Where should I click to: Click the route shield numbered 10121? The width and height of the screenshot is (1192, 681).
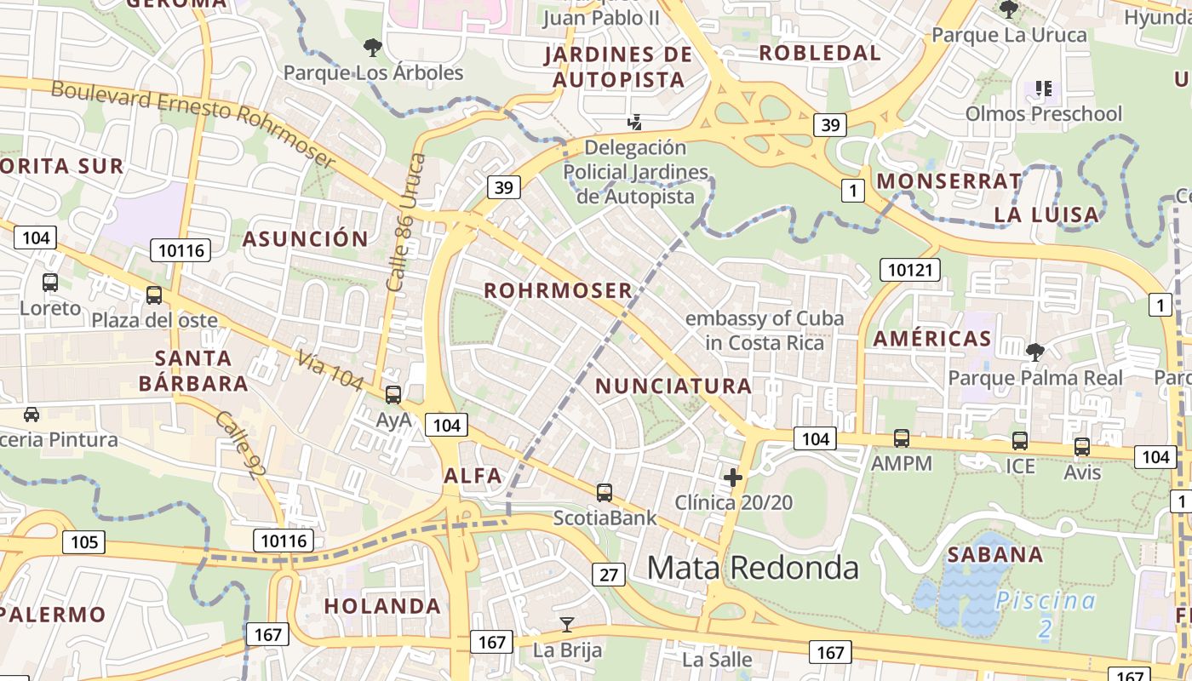(x=910, y=271)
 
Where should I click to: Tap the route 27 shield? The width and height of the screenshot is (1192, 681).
(x=608, y=575)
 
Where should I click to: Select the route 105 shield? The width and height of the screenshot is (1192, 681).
(x=83, y=541)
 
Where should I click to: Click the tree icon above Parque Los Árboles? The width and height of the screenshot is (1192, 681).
(x=372, y=48)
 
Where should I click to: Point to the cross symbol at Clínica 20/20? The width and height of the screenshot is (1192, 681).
(x=732, y=478)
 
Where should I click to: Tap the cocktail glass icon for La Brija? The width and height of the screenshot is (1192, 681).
(x=566, y=625)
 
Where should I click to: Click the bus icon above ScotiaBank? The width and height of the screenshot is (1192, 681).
(x=604, y=492)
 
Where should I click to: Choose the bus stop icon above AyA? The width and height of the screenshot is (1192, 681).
(x=393, y=395)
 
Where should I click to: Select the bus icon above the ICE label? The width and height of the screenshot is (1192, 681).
(x=1019, y=441)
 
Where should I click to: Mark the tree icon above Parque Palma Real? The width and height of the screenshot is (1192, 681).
(x=1034, y=352)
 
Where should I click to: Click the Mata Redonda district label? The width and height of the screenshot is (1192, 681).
(x=753, y=567)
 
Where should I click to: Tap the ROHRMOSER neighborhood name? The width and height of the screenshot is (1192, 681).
(x=558, y=291)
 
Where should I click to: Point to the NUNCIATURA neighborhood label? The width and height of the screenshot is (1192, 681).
(x=673, y=386)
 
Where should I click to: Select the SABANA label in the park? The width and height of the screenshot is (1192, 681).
(x=995, y=555)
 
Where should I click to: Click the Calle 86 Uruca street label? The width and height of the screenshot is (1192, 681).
(x=405, y=222)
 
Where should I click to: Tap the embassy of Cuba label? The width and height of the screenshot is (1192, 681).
(x=764, y=330)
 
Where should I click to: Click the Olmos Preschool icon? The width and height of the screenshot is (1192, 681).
(x=1044, y=88)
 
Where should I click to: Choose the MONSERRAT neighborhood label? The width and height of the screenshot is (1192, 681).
(x=948, y=181)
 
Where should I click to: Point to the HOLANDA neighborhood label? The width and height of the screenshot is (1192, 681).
(x=382, y=606)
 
